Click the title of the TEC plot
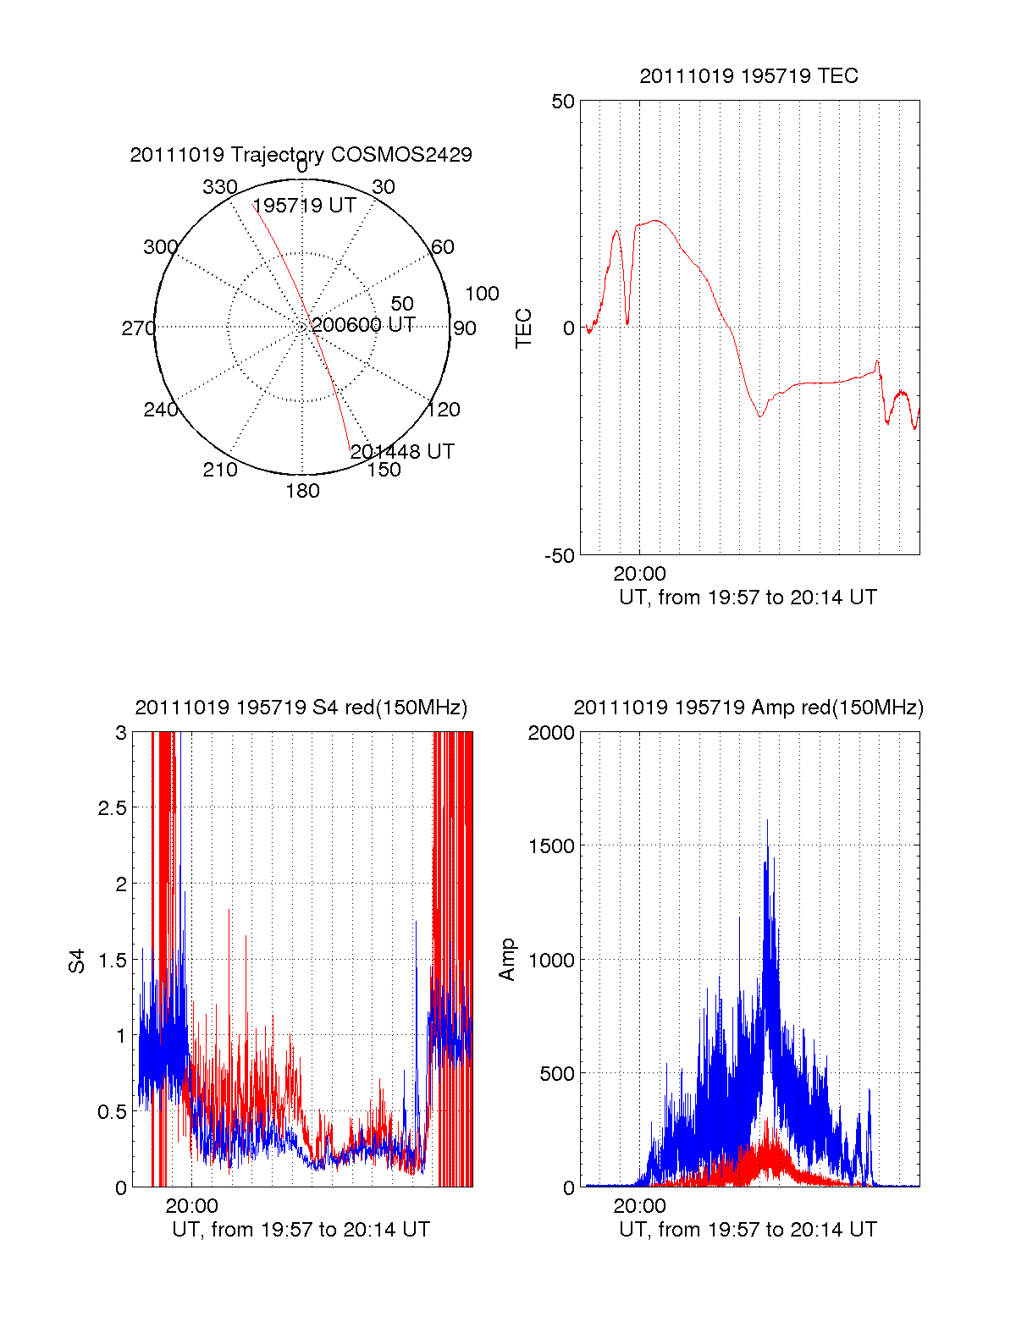pos(748,76)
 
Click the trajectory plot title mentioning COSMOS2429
pos(301,155)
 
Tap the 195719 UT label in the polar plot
pos(304,206)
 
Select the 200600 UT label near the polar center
pos(363,325)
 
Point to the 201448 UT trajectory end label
pos(402,452)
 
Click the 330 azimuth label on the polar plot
pos(220,187)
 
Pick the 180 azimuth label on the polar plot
pos(302,491)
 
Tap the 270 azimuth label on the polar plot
pos(138,328)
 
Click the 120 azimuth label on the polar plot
pos(444,410)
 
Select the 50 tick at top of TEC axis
pos(563,102)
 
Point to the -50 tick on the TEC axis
pos(559,556)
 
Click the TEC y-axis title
pos(524,328)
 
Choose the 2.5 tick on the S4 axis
pos(112,808)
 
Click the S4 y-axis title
pos(77,961)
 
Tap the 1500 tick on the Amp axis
pos(551,846)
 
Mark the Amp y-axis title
pos(507,960)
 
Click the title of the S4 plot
pos(301,708)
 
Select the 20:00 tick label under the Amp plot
pos(639,1206)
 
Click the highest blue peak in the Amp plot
pos(767,821)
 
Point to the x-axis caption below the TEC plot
pos(748,598)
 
